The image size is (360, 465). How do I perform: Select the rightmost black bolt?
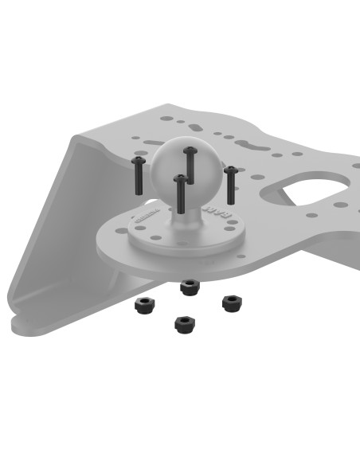[231, 184]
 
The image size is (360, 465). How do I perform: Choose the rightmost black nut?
[231, 303]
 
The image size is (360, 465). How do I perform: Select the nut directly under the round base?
[189, 287]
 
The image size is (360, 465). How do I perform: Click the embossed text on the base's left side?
[144, 215]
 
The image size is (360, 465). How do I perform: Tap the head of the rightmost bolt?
[231, 170]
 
